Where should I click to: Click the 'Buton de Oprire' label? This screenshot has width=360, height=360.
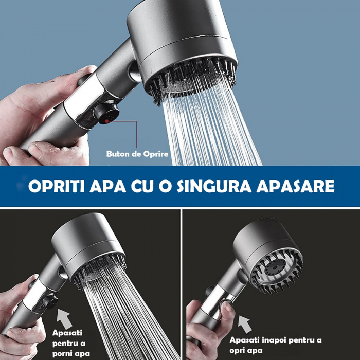[x=137, y=154]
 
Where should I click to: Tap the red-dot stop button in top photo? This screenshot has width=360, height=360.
[x=106, y=118]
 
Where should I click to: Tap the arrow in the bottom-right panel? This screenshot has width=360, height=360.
[x=246, y=323]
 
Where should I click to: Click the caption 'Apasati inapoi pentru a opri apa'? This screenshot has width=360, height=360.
[x=276, y=345]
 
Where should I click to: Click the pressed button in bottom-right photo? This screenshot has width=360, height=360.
[x=226, y=307]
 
